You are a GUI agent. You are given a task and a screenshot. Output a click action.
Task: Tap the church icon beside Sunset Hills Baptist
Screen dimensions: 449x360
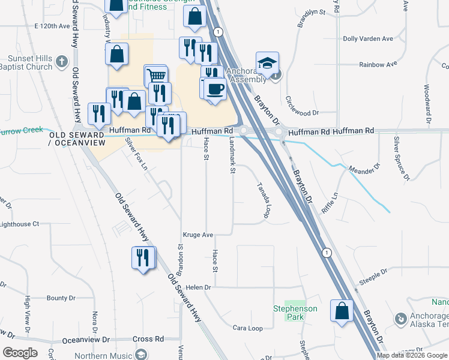(61, 61)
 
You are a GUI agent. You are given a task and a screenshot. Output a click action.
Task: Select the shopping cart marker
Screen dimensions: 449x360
(155, 76)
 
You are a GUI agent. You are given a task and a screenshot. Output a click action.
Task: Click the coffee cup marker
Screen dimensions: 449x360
(215, 89)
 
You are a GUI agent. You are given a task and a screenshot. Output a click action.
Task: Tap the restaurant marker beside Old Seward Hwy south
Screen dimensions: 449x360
(143, 258)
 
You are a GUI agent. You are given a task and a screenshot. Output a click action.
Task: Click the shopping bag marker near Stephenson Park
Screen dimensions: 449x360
(342, 311)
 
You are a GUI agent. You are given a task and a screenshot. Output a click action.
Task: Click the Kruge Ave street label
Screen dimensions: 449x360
(198, 235)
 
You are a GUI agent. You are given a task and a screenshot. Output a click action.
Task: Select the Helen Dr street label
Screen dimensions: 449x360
(200, 287)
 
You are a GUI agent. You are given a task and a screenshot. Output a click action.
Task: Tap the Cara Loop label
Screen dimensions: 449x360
(247, 328)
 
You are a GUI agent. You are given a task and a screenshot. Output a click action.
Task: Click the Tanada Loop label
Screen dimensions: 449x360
(263, 200)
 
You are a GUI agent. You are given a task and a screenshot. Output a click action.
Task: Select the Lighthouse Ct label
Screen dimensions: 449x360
(19, 224)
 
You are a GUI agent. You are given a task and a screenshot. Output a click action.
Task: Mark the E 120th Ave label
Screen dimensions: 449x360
(53, 26)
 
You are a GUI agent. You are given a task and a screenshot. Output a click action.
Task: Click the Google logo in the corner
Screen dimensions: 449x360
(20, 353)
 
